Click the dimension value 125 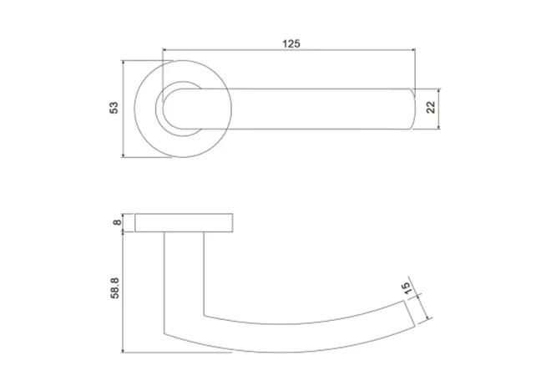coord(291,42)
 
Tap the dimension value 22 coord(431,108)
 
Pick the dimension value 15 coord(407,289)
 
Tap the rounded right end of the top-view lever coord(412,108)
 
